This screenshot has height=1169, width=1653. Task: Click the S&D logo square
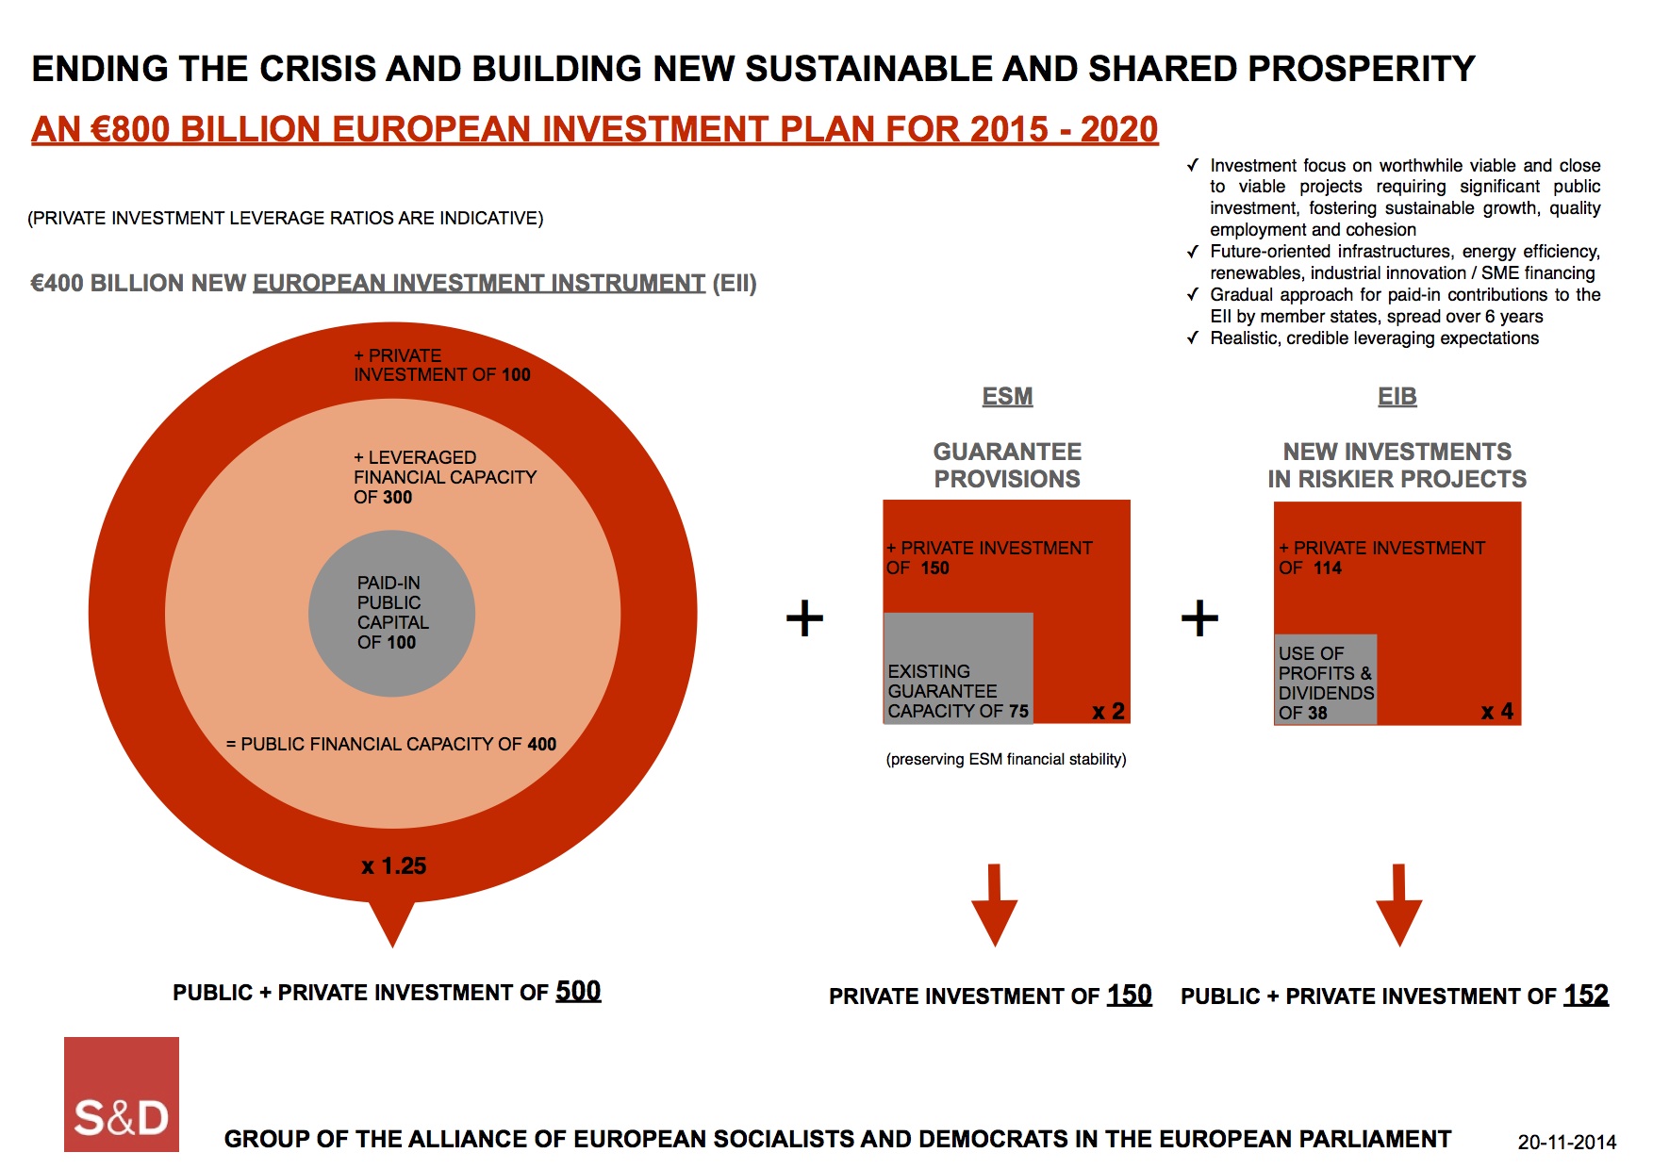[x=122, y=1094]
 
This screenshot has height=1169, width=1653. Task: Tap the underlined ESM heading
[x=1007, y=397]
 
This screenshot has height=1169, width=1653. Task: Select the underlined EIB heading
[x=1397, y=397]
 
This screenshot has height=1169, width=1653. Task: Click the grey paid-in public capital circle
[x=391, y=614]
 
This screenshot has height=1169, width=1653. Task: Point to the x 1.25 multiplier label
[x=394, y=866]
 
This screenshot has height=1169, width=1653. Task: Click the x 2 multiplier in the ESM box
[x=1108, y=712]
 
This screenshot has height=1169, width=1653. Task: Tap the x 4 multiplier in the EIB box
[x=1496, y=712]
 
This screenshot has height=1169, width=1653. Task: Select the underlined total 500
[x=578, y=991]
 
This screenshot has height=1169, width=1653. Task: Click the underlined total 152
[x=1586, y=996]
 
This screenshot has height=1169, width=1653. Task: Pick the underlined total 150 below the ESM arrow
[x=1129, y=996]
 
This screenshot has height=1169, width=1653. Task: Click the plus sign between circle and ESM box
[x=804, y=618]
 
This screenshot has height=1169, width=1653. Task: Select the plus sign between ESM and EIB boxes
[x=1199, y=618]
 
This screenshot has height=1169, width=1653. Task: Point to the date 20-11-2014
[x=1566, y=1143]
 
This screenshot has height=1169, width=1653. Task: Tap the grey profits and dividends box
[x=1325, y=680]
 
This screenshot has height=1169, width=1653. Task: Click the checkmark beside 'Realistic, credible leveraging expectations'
[x=1193, y=338]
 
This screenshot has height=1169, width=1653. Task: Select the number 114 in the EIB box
[x=1327, y=568]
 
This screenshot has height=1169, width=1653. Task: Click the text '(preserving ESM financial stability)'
[x=1006, y=760]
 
